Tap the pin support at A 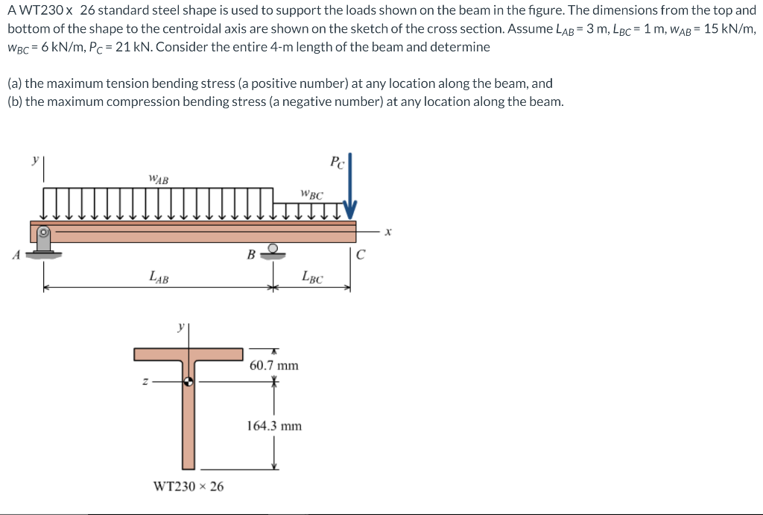point(44,241)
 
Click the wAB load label point(159,179)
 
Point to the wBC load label point(312,195)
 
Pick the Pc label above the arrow point(337,163)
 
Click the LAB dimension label point(159,278)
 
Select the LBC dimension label point(313,278)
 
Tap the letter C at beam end point(361,255)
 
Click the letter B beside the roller point(252,255)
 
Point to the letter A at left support point(16,255)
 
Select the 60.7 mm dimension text point(274,365)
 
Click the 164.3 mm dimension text point(274,426)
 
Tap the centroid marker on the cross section point(189,382)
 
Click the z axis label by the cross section point(145,382)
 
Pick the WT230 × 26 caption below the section point(189,487)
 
